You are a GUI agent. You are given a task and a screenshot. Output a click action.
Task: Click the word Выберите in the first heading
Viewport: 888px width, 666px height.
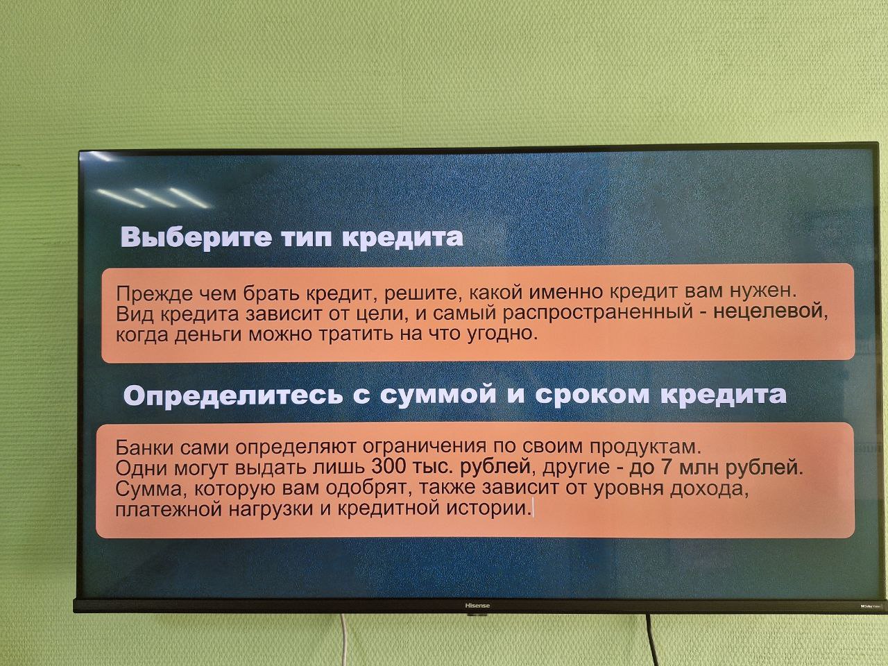coord(196,237)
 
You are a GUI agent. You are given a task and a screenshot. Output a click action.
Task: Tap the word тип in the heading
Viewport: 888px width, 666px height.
coord(307,238)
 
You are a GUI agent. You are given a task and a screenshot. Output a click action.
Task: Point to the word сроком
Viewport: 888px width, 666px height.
coord(592,395)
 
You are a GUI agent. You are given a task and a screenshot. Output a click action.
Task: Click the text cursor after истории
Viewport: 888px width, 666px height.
coord(533,508)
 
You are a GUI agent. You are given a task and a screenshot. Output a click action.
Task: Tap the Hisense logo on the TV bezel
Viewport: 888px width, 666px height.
coord(477,606)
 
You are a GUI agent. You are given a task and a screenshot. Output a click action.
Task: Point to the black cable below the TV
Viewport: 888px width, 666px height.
coord(651,640)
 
